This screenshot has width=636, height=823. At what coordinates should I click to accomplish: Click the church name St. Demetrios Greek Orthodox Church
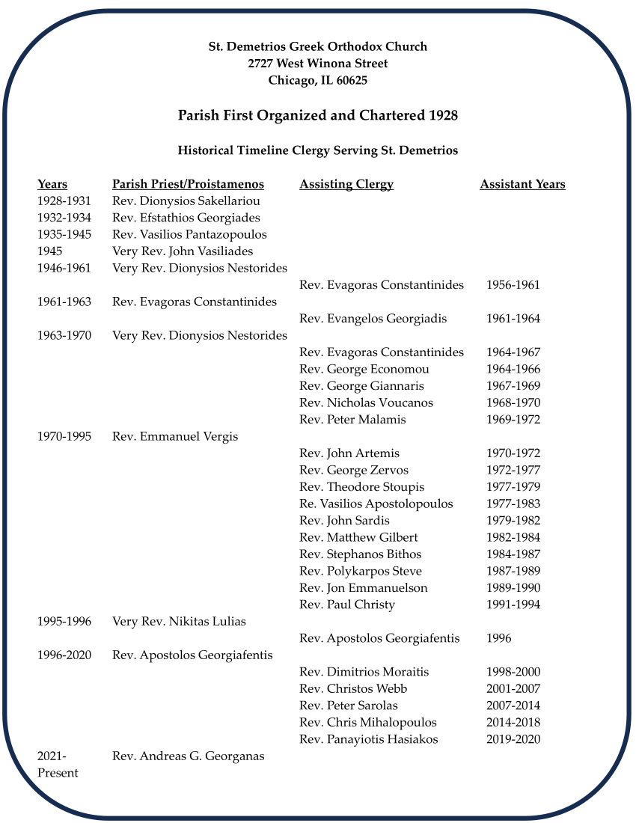[x=317, y=46]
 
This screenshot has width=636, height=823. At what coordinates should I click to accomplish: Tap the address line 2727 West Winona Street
[x=317, y=64]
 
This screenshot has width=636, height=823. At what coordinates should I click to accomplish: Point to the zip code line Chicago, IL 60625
[x=317, y=81]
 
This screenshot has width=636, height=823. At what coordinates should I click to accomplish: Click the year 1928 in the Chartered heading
[x=443, y=116]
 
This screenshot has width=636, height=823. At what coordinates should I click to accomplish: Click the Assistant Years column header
[x=522, y=184]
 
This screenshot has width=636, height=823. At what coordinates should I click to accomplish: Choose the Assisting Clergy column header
[x=346, y=184]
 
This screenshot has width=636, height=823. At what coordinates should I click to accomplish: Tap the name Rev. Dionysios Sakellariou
[x=186, y=201]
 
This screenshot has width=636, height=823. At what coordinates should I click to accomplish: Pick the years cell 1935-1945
[x=64, y=235]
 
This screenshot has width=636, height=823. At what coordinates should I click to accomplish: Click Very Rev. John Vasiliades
[x=183, y=251]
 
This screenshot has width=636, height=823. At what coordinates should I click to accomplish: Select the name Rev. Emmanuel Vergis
[x=175, y=436]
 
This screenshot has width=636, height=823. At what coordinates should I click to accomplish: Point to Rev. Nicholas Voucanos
[x=366, y=403]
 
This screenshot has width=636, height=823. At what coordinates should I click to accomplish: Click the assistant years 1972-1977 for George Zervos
[x=513, y=470]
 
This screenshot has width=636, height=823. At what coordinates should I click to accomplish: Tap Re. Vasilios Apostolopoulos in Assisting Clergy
[x=376, y=504]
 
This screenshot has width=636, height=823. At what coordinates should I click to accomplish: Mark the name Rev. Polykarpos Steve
[x=360, y=571]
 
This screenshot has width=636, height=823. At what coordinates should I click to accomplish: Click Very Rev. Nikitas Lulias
[x=179, y=621]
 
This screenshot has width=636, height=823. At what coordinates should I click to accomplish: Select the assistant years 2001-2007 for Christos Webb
[x=513, y=688]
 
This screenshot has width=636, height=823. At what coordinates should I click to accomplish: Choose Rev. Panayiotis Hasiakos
[x=368, y=739]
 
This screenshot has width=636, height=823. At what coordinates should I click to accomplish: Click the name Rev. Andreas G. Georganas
[x=188, y=756]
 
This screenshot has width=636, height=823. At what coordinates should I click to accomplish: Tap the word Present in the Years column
[x=58, y=773]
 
